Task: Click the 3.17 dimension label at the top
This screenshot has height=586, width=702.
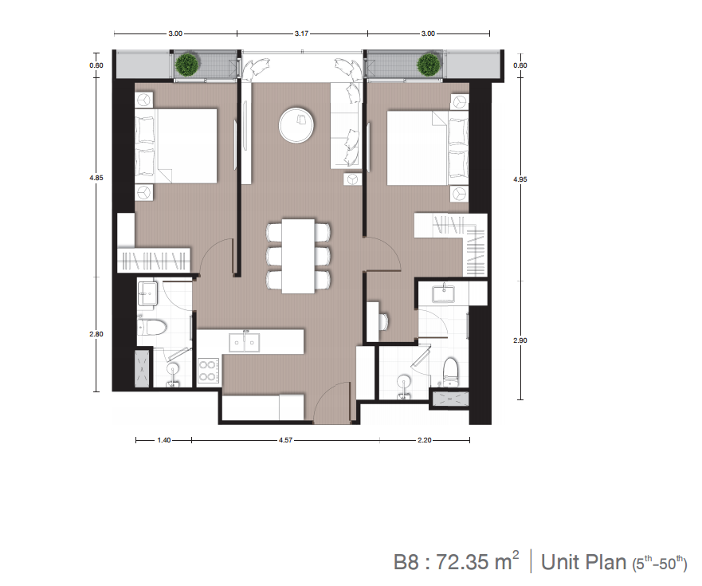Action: point(301,33)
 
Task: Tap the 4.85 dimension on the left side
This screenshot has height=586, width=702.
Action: point(96,178)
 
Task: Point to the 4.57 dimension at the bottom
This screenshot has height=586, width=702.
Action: point(285,440)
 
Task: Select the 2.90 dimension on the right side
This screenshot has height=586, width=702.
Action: point(520,340)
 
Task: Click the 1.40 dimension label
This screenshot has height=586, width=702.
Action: point(164,440)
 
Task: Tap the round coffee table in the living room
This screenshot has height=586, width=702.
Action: point(296,125)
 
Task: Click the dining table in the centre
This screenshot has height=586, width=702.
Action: point(298,256)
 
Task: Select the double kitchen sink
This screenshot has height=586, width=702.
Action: point(245,343)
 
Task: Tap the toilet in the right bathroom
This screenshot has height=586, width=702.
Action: point(451,371)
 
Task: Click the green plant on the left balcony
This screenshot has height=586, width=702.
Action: point(186,65)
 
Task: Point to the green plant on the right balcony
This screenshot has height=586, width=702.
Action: point(429,65)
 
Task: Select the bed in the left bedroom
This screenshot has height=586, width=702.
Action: point(176,146)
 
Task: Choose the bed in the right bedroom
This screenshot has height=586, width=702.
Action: point(428,147)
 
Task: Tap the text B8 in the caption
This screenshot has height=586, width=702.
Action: point(406,562)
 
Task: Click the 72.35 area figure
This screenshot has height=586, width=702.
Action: point(462,562)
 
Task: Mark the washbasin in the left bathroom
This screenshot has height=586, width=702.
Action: point(147,293)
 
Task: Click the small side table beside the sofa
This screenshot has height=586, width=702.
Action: point(353,179)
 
